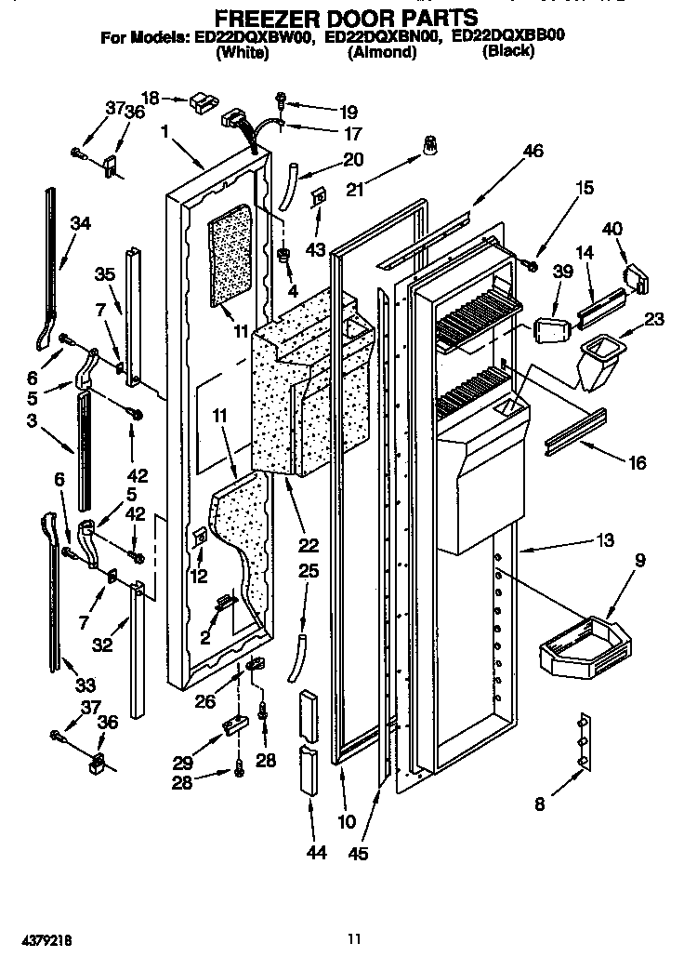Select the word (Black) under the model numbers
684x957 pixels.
(507, 52)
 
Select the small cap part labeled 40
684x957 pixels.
(636, 277)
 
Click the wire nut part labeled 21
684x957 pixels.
(430, 145)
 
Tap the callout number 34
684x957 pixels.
(81, 222)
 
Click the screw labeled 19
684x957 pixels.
(280, 99)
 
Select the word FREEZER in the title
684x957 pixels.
(264, 17)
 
